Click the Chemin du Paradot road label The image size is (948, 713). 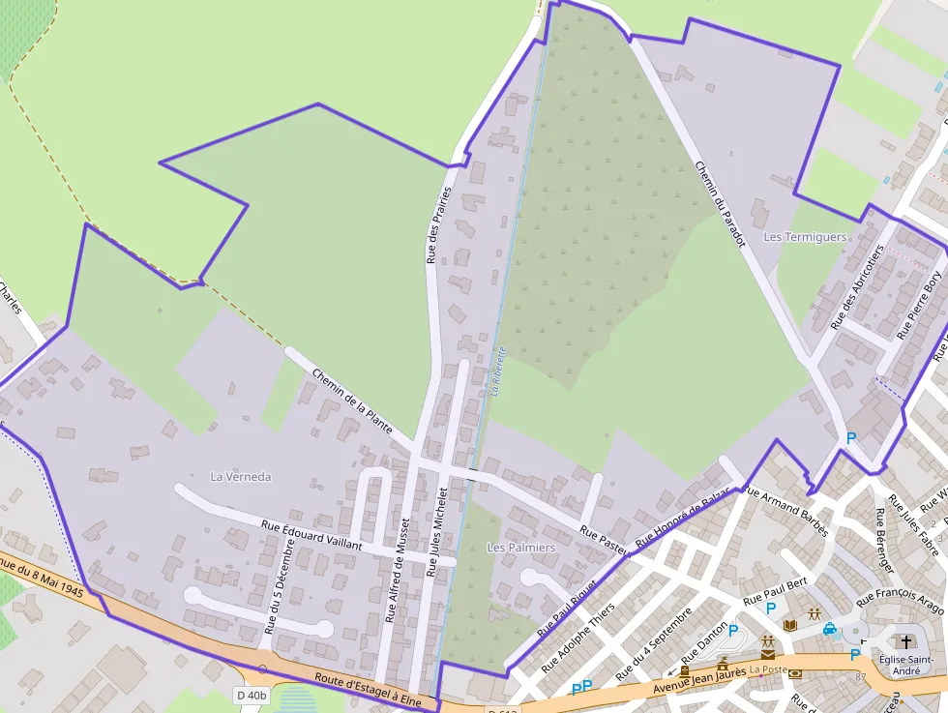(x=721, y=204)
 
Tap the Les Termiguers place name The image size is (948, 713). (x=805, y=237)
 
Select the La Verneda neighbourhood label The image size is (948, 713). (x=241, y=477)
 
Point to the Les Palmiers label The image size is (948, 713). (x=521, y=548)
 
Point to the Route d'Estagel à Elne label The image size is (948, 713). (x=369, y=688)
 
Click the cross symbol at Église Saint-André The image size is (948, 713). (x=906, y=641)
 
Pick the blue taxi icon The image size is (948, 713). (x=829, y=629)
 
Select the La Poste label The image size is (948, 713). (x=768, y=668)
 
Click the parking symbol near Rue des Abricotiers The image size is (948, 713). (x=851, y=438)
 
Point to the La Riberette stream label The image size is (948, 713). (x=498, y=372)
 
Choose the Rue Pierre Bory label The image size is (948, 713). (x=918, y=305)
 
